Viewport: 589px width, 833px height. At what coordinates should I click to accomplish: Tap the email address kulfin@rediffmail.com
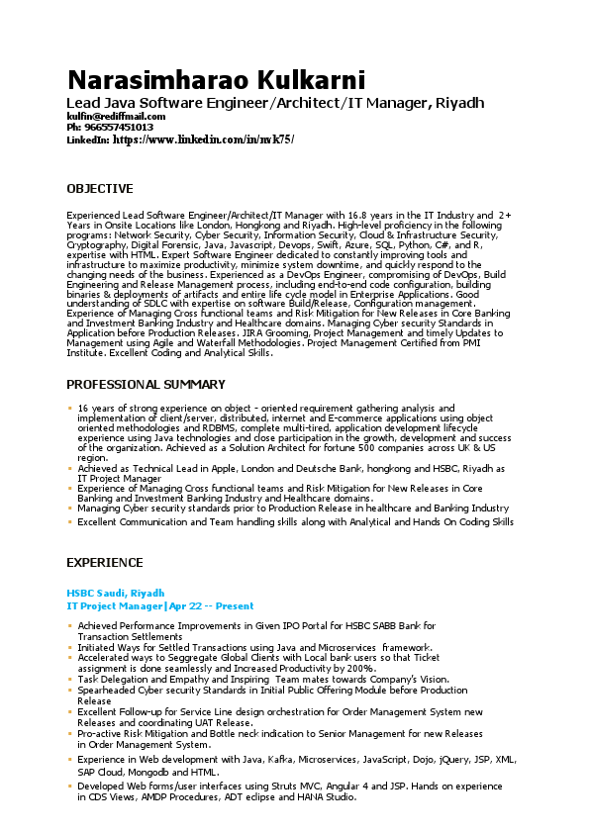[x=111, y=117]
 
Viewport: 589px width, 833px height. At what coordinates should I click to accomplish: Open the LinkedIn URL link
[x=204, y=139]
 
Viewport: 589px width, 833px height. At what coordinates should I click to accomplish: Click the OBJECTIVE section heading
[x=99, y=189]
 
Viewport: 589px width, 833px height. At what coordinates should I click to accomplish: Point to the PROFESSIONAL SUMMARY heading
[x=146, y=385]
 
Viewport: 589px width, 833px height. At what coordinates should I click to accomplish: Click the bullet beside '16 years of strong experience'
[x=69, y=408]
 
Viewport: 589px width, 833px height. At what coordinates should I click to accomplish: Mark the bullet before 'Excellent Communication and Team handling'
[x=69, y=521]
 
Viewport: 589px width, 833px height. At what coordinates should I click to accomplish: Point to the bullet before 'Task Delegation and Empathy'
[x=69, y=679]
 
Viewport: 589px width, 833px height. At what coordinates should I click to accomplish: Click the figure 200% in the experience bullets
[x=360, y=669]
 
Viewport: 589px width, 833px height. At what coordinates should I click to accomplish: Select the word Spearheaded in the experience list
[x=108, y=690]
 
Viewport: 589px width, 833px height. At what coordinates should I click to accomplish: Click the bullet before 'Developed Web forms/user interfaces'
[x=69, y=786]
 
